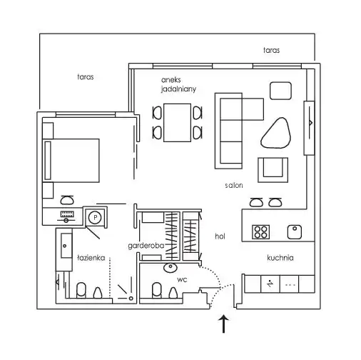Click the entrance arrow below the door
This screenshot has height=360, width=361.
[x=223, y=324]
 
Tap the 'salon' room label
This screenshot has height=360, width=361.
[x=234, y=185]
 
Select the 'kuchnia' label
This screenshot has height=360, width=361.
[x=280, y=258]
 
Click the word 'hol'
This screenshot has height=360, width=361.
[x=220, y=236]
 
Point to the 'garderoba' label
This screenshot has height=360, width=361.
[x=146, y=246]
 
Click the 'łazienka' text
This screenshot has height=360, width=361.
[x=91, y=258]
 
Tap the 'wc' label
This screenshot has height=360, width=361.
[x=182, y=279]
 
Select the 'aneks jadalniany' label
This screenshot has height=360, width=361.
[x=178, y=84]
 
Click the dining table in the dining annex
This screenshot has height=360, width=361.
[x=177, y=123]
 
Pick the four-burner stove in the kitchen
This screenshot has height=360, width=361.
[x=260, y=232]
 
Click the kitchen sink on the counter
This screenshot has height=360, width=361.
[x=295, y=232]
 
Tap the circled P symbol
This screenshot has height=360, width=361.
[x=95, y=217]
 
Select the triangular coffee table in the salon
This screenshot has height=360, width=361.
[x=276, y=133]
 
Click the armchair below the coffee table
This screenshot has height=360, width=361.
[x=273, y=170]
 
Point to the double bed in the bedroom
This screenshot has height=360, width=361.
[x=71, y=161]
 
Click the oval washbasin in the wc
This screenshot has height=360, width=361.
[x=171, y=267]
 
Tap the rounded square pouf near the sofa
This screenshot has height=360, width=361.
[x=280, y=91]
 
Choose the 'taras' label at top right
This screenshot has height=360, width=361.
[x=271, y=50]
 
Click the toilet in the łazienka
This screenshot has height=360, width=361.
[x=81, y=290]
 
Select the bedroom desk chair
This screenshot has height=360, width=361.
[x=67, y=200]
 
